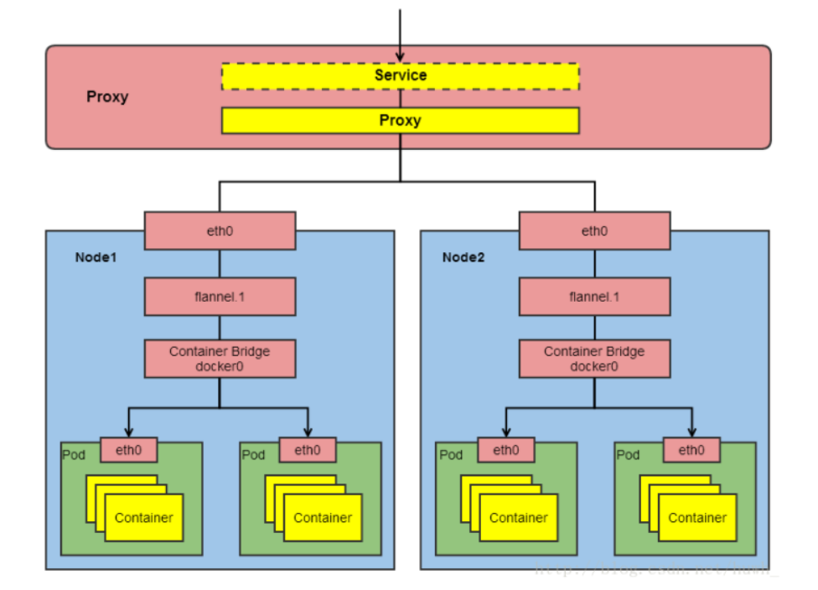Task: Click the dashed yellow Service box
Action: [x=400, y=75]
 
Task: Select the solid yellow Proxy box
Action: [x=400, y=121]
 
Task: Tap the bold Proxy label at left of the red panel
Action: [x=107, y=97]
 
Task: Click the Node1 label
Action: [x=96, y=257]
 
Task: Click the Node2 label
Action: [x=463, y=257]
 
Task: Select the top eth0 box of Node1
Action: [x=220, y=230]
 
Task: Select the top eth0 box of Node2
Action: [x=594, y=230]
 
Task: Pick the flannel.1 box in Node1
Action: [x=220, y=297]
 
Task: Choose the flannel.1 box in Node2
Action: [x=594, y=297]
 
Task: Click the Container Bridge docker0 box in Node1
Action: [x=220, y=359]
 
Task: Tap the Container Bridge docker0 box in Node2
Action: [x=594, y=359]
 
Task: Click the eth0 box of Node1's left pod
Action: [x=129, y=450]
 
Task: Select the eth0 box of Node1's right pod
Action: [x=308, y=450]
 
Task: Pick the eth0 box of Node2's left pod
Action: [x=505, y=450]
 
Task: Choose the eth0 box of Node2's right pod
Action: [x=691, y=450]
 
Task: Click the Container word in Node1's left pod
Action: [x=144, y=518]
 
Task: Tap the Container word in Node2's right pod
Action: [x=697, y=518]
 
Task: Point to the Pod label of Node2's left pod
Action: [x=451, y=455]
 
